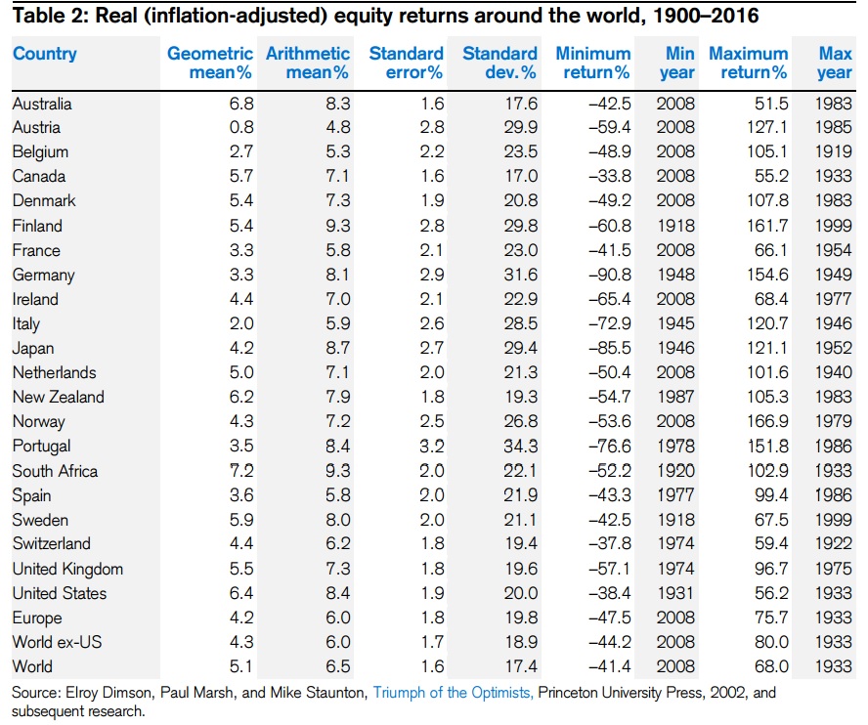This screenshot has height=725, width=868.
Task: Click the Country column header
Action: [x=45, y=54]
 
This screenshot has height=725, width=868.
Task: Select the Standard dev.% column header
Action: [x=499, y=63]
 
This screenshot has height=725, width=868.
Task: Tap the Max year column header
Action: [x=835, y=63]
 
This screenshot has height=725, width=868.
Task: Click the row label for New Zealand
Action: [x=59, y=397]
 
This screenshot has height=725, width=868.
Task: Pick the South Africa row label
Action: [x=55, y=471]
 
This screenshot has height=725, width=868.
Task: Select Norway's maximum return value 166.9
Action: [x=765, y=422]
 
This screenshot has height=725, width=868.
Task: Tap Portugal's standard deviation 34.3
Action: [x=519, y=447]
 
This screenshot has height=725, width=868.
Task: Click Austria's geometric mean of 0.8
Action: [x=240, y=127]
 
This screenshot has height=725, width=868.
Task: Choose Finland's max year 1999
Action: [x=834, y=226]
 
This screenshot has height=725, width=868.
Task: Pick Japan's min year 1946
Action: [x=675, y=348]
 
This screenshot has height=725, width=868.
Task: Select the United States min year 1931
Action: [x=675, y=593]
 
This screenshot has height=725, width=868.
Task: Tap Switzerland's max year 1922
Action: [x=834, y=544]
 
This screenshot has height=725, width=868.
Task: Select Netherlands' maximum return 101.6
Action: [x=765, y=372]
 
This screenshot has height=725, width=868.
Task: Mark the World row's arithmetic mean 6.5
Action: [x=333, y=666]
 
